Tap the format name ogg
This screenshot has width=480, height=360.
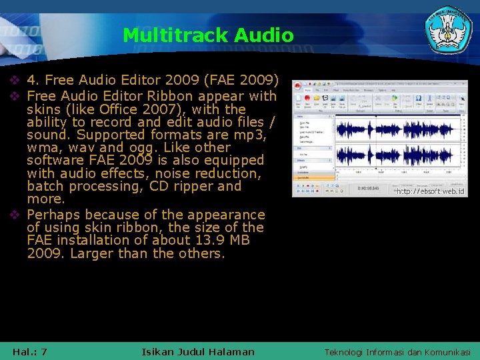(x=138, y=148)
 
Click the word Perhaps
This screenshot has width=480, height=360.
(x=54, y=215)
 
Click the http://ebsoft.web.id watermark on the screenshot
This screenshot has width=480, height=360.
(x=430, y=191)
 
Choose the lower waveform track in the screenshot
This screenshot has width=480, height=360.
(x=398, y=156)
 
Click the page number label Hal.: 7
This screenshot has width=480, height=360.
(x=30, y=351)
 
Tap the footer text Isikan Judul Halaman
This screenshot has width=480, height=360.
(x=198, y=351)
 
